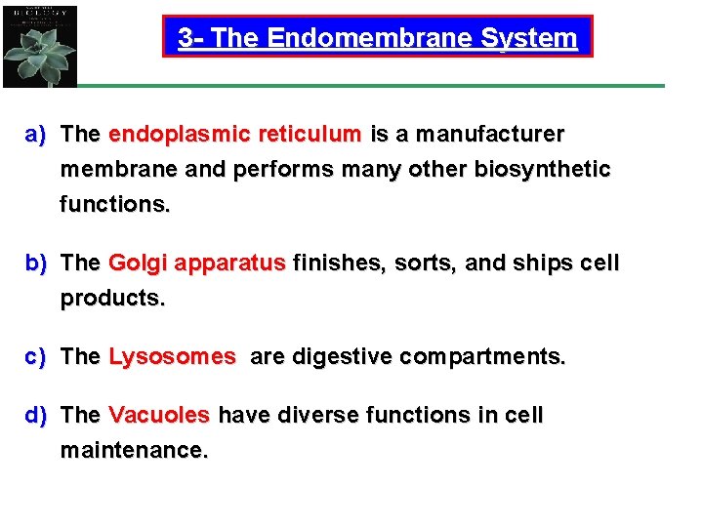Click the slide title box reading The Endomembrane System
(377, 37)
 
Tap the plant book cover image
(39, 44)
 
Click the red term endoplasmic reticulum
(234, 134)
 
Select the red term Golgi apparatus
(197, 263)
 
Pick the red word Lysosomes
(172, 357)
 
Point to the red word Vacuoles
(159, 416)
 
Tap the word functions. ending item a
(115, 206)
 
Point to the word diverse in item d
(310, 416)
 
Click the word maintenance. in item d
(135, 452)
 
